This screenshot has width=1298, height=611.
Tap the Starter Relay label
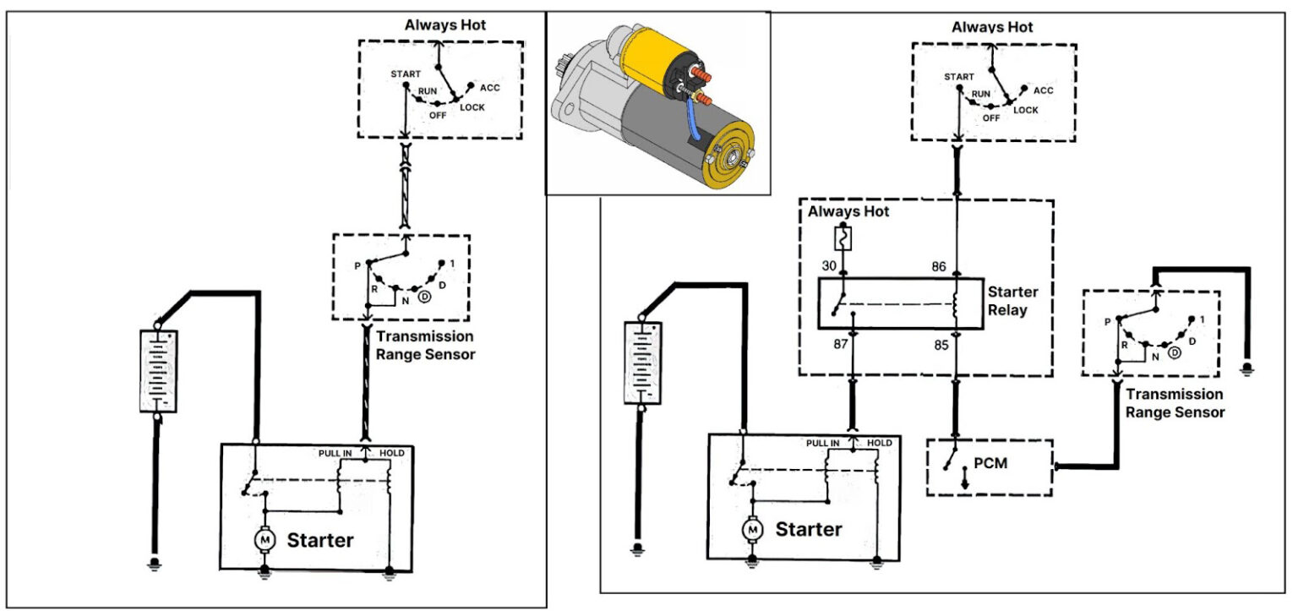pos(1012,301)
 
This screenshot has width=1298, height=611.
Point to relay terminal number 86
pos(937,265)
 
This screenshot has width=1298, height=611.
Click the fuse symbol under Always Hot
pos(843,238)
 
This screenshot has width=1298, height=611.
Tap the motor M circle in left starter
pos(265,538)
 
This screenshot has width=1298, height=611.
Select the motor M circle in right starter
pos(750,529)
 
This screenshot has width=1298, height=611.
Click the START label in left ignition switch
pos(406,74)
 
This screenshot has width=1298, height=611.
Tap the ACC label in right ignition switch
pos(1043,90)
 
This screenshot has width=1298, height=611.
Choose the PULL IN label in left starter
pos(335,454)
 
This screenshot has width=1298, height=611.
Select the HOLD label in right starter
pos(879,443)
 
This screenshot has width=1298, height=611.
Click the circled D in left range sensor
pos(425,296)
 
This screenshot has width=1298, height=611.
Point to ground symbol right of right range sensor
pos(1247,368)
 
